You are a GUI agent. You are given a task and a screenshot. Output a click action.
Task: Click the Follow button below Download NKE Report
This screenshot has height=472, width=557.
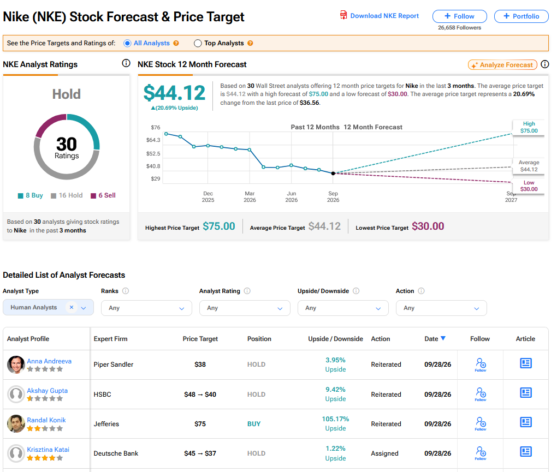point(459,16)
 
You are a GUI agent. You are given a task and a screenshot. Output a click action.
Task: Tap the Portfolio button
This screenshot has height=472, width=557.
point(521,16)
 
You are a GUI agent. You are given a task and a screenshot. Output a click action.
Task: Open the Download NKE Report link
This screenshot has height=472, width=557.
point(380,16)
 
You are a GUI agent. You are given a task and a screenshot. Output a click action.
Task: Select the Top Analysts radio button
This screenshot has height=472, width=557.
point(198,43)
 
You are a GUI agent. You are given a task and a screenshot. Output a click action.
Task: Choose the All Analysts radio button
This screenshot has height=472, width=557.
point(127,43)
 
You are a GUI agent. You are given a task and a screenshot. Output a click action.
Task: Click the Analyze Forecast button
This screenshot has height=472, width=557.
point(502,65)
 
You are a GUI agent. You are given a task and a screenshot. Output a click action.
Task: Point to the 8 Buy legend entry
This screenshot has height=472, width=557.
point(31,195)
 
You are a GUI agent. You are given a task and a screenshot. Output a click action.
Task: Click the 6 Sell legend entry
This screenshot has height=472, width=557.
point(103,195)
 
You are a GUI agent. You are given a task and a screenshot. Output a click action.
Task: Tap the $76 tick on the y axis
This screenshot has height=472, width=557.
point(156,127)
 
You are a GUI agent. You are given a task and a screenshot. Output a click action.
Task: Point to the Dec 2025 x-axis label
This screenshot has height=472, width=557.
point(208,196)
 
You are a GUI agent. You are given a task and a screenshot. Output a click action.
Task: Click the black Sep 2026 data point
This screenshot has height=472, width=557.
point(333,174)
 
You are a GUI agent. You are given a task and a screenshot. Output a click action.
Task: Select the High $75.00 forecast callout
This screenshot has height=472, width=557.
point(529,127)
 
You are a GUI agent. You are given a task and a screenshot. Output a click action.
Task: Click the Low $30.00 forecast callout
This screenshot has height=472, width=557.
point(529,186)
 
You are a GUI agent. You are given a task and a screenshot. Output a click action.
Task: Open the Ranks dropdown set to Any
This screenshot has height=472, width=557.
point(146,308)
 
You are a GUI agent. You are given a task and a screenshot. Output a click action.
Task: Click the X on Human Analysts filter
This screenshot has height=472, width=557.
point(72,307)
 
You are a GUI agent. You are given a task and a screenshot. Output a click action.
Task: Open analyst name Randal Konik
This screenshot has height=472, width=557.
point(46,420)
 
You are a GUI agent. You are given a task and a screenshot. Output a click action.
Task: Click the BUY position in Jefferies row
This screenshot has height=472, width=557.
point(254,424)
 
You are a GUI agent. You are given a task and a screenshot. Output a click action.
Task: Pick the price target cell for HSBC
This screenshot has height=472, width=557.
point(200,395)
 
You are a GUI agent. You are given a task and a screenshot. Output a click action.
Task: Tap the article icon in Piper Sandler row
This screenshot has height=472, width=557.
point(526,363)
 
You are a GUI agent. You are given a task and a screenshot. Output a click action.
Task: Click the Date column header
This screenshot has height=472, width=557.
point(435,339)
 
